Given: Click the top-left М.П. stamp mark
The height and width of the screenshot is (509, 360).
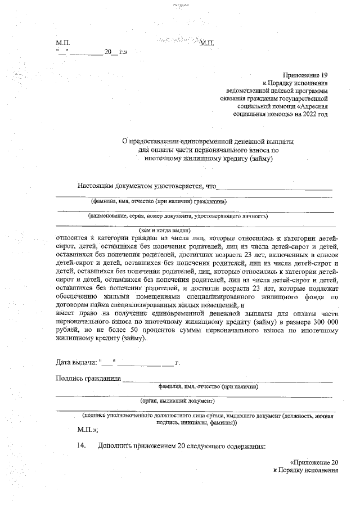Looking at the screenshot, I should pyautogui.click(x=62, y=43).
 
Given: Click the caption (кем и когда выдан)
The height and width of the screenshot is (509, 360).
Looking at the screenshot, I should pyautogui.click(x=165, y=229).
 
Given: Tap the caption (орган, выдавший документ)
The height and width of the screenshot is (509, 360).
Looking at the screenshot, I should pyautogui.click(x=177, y=401).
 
